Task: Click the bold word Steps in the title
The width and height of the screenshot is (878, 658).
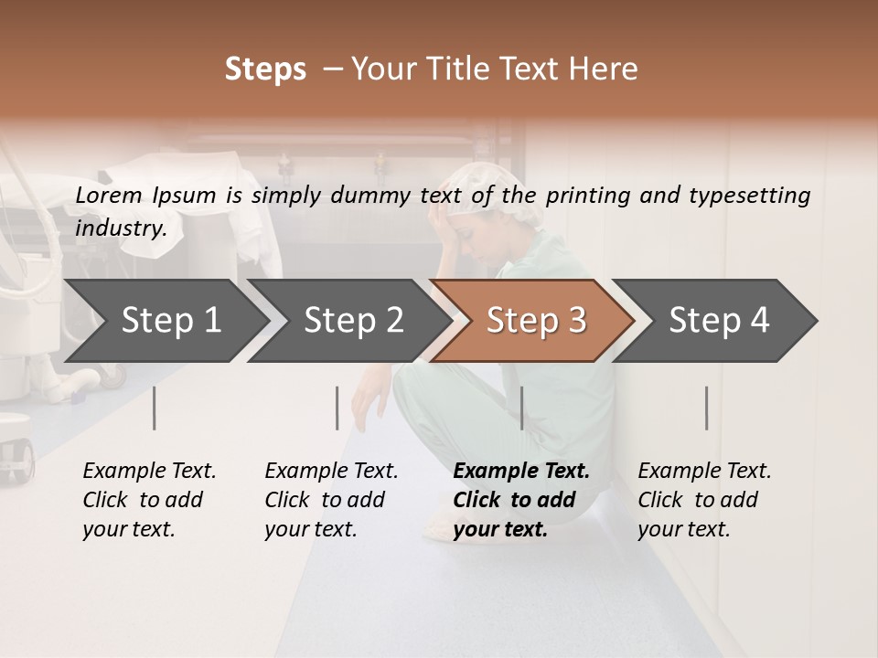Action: click(x=265, y=69)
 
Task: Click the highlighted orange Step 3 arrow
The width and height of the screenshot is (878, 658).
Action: click(x=536, y=321)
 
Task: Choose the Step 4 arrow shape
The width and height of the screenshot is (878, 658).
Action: click(x=719, y=321)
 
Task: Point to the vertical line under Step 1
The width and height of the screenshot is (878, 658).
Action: click(x=155, y=408)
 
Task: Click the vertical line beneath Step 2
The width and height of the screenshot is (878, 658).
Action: click(x=337, y=408)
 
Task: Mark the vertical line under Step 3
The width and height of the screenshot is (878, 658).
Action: click(x=522, y=408)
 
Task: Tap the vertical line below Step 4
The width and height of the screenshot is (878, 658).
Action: click(x=707, y=408)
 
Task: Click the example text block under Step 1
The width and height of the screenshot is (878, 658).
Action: click(x=149, y=500)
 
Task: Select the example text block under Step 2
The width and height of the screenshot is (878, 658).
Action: click(x=331, y=500)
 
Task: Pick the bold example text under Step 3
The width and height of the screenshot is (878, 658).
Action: click(x=521, y=500)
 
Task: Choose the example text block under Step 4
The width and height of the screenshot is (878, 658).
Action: click(x=704, y=500)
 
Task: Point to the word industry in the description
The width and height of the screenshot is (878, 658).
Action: click(x=120, y=228)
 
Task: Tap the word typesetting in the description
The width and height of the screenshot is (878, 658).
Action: click(x=749, y=195)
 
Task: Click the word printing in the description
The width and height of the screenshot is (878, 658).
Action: click(x=586, y=195)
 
